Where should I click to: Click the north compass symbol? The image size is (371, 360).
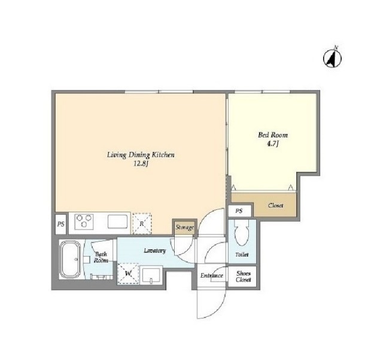tap(332, 57)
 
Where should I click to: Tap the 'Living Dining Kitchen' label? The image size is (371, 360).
tap(141, 155)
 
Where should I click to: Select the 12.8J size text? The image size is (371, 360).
tap(141, 164)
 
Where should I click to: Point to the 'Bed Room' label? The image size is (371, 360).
tap(273, 135)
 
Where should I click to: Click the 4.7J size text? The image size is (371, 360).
tap(273, 144)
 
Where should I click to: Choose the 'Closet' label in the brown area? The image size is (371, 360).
tap(276, 205)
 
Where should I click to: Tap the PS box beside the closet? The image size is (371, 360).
tap(239, 210)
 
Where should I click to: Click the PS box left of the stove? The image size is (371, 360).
tap(61, 224)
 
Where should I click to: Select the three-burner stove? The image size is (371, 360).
tap(84, 222)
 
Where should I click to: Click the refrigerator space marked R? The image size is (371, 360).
tap(142, 224)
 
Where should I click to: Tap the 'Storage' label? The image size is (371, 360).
tap(184, 228)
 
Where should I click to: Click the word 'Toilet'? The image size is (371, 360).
tap(242, 255)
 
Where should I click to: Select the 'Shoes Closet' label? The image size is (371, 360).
tap(244, 276)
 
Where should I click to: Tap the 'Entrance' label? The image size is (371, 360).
tap(212, 275)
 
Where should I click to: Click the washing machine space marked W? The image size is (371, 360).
tap(128, 274)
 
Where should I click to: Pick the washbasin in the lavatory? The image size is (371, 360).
tap(151, 275)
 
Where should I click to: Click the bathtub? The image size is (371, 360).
tap(70, 260)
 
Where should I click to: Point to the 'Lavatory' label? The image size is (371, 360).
tap(155, 251)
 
